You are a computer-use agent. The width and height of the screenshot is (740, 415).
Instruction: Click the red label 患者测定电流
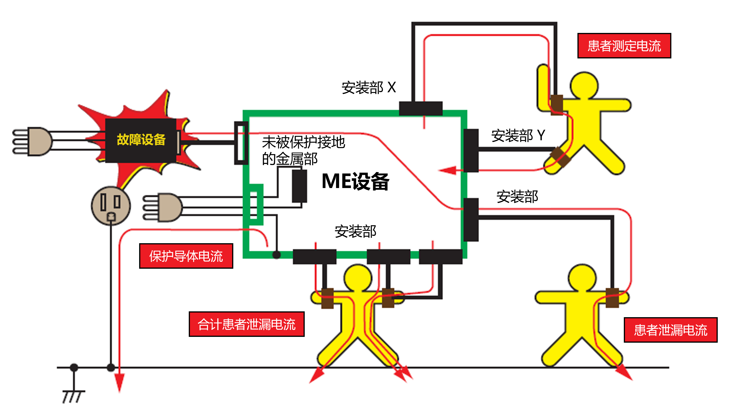[624, 46]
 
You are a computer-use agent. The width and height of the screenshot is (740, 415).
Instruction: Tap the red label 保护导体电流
[186, 256]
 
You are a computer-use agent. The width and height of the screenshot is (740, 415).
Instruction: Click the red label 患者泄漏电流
[670, 330]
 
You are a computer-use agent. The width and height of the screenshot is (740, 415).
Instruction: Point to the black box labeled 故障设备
[141, 140]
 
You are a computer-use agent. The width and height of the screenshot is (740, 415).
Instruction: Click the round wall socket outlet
[111, 206]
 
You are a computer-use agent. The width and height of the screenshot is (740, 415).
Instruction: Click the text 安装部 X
[368, 87]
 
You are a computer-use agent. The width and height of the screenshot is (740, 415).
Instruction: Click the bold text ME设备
[355, 181]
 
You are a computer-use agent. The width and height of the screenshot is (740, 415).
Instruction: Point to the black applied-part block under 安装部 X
[421, 108]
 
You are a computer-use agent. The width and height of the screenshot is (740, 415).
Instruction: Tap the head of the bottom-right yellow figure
[582, 278]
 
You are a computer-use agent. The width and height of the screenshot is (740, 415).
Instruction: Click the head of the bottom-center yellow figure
[358, 278]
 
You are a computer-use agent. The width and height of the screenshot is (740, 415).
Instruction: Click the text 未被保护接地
[303, 142]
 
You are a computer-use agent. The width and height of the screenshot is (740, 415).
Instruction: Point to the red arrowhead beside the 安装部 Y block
[448, 170]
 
